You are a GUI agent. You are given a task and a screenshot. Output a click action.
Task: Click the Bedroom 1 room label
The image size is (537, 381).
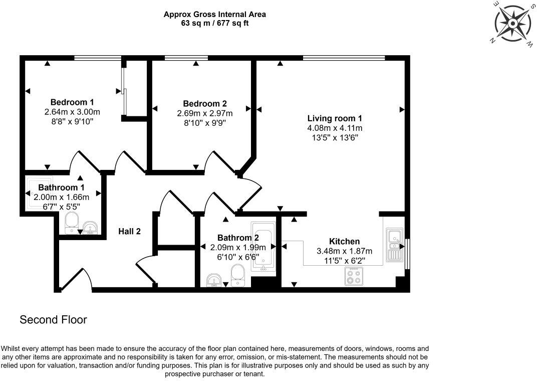[72, 102]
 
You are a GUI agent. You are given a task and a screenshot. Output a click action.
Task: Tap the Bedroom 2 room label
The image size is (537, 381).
[205, 103]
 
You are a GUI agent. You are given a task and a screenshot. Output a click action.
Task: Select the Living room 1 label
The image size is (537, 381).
[335, 118]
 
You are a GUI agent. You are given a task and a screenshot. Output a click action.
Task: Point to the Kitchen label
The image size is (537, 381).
[344, 241]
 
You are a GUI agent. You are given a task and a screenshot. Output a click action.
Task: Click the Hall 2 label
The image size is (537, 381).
[129, 232]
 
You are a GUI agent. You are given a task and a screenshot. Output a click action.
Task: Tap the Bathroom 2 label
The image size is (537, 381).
[238, 238]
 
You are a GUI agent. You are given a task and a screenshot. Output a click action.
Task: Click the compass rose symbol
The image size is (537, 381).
[512, 24]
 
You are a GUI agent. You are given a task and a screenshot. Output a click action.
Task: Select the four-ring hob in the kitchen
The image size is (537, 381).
[354, 277]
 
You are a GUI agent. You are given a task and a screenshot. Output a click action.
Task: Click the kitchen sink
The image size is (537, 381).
[395, 245]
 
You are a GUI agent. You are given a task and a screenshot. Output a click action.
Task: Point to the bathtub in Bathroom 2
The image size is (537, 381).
[263, 247]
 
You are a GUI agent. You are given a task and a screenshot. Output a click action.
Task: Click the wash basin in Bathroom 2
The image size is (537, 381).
[215, 281]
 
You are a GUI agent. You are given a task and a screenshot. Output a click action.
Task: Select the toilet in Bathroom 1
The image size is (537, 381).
[72, 223]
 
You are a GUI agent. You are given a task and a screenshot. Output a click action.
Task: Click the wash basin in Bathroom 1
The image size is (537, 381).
[91, 228]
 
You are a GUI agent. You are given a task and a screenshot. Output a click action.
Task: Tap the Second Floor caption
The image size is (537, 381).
[54, 320]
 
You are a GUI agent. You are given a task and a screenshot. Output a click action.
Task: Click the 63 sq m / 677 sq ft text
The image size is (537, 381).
[215, 23]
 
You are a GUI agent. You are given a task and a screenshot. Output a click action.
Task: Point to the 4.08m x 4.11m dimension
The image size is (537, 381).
[335, 128]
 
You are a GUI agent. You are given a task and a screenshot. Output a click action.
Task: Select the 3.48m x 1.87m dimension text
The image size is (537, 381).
[344, 251]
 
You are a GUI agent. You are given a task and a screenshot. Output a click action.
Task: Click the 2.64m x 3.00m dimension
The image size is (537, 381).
[72, 112]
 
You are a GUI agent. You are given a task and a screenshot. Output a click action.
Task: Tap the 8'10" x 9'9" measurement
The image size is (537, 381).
[205, 123]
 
